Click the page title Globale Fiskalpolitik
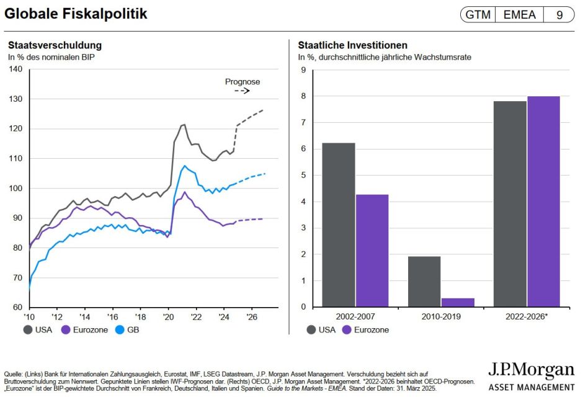pyautogui.click(x=76, y=14)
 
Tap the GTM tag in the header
pyautogui.click(x=478, y=15)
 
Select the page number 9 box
pyautogui.click(x=559, y=15)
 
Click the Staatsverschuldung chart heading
pyautogui.click(x=55, y=45)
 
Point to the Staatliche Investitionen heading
pyautogui.click(x=352, y=45)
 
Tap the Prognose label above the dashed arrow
pyautogui.click(x=243, y=82)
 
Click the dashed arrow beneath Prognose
pyautogui.click(x=241, y=91)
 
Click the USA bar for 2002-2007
pyautogui.click(x=338, y=225)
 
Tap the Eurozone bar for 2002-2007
pyautogui.click(x=372, y=251)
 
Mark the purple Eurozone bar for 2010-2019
pyautogui.click(x=458, y=303)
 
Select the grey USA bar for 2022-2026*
pyautogui.click(x=509, y=204)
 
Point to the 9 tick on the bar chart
pyautogui.click(x=303, y=69)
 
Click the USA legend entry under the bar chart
pyautogui.click(x=321, y=330)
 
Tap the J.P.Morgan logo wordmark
pyautogui.click(x=531, y=370)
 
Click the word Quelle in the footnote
pyautogui.click(x=14, y=373)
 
